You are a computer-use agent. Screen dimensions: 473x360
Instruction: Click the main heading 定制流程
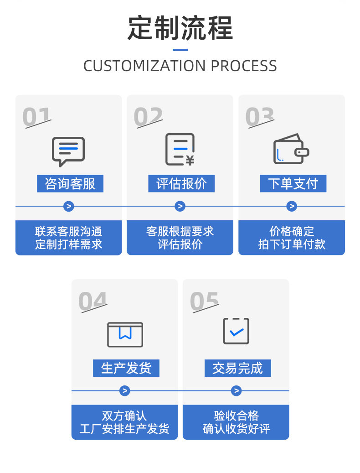tap(180, 28)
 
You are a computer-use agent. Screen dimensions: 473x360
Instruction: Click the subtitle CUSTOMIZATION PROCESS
tap(180, 66)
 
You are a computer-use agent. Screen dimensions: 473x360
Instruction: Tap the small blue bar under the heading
tap(180, 50)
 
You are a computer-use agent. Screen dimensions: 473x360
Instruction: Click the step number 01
tap(36, 117)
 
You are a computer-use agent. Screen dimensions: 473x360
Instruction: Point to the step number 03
tap(260, 117)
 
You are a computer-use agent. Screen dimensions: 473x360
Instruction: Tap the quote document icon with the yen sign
tap(180, 149)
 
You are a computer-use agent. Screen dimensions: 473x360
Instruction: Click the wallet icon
tap(291, 149)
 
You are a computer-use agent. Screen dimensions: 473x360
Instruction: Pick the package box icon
tap(125, 334)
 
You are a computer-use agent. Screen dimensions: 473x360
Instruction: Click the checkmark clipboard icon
tap(236, 331)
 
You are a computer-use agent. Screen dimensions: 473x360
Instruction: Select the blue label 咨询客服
tap(70, 183)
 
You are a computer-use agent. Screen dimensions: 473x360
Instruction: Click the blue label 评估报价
tap(181, 183)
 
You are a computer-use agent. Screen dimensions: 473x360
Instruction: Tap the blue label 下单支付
tap(293, 183)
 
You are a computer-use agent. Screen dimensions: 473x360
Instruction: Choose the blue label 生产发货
tap(126, 368)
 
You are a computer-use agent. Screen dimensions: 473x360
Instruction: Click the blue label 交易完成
tap(237, 368)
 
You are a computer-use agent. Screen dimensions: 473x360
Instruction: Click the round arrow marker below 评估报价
tap(180, 206)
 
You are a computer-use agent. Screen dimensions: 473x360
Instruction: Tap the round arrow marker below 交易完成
tap(236, 391)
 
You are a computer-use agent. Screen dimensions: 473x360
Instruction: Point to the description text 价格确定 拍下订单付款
tap(292, 238)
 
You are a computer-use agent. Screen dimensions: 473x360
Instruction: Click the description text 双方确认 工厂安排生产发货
tap(124, 422)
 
